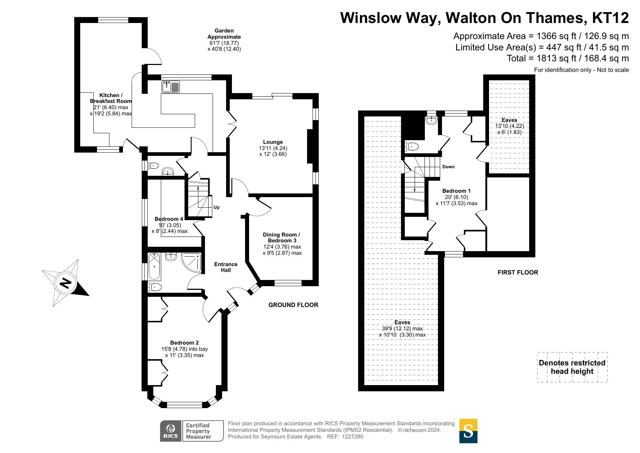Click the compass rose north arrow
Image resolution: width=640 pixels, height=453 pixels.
click(65, 283)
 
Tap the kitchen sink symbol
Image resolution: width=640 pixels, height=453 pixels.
click(171, 87)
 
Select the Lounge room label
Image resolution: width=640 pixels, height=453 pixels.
click(273, 142)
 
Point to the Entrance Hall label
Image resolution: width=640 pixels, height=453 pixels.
click(226, 267)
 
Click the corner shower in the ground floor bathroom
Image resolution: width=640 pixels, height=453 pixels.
click(191, 262)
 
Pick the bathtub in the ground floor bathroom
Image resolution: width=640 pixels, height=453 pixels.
click(154, 266)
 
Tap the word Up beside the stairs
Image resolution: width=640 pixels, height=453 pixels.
click(217, 207)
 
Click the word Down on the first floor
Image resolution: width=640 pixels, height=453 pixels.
click(449, 167)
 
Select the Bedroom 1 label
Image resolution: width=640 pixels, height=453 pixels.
click(457, 191)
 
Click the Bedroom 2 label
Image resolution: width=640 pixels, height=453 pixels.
click(185, 343)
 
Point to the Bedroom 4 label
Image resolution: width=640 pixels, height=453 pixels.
click(169, 219)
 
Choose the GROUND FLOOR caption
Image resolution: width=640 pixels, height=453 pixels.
click(293, 305)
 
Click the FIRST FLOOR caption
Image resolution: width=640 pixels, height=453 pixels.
click(518, 272)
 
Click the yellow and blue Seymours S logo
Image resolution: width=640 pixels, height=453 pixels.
click(468, 431)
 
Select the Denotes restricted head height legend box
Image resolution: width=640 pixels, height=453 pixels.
click(572, 367)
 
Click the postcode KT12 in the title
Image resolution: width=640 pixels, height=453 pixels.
click(610, 18)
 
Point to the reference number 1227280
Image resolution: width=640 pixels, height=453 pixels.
click(353, 437)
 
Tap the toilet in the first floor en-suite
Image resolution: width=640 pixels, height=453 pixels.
click(411, 147)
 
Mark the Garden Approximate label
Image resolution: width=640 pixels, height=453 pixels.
click(224, 34)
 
